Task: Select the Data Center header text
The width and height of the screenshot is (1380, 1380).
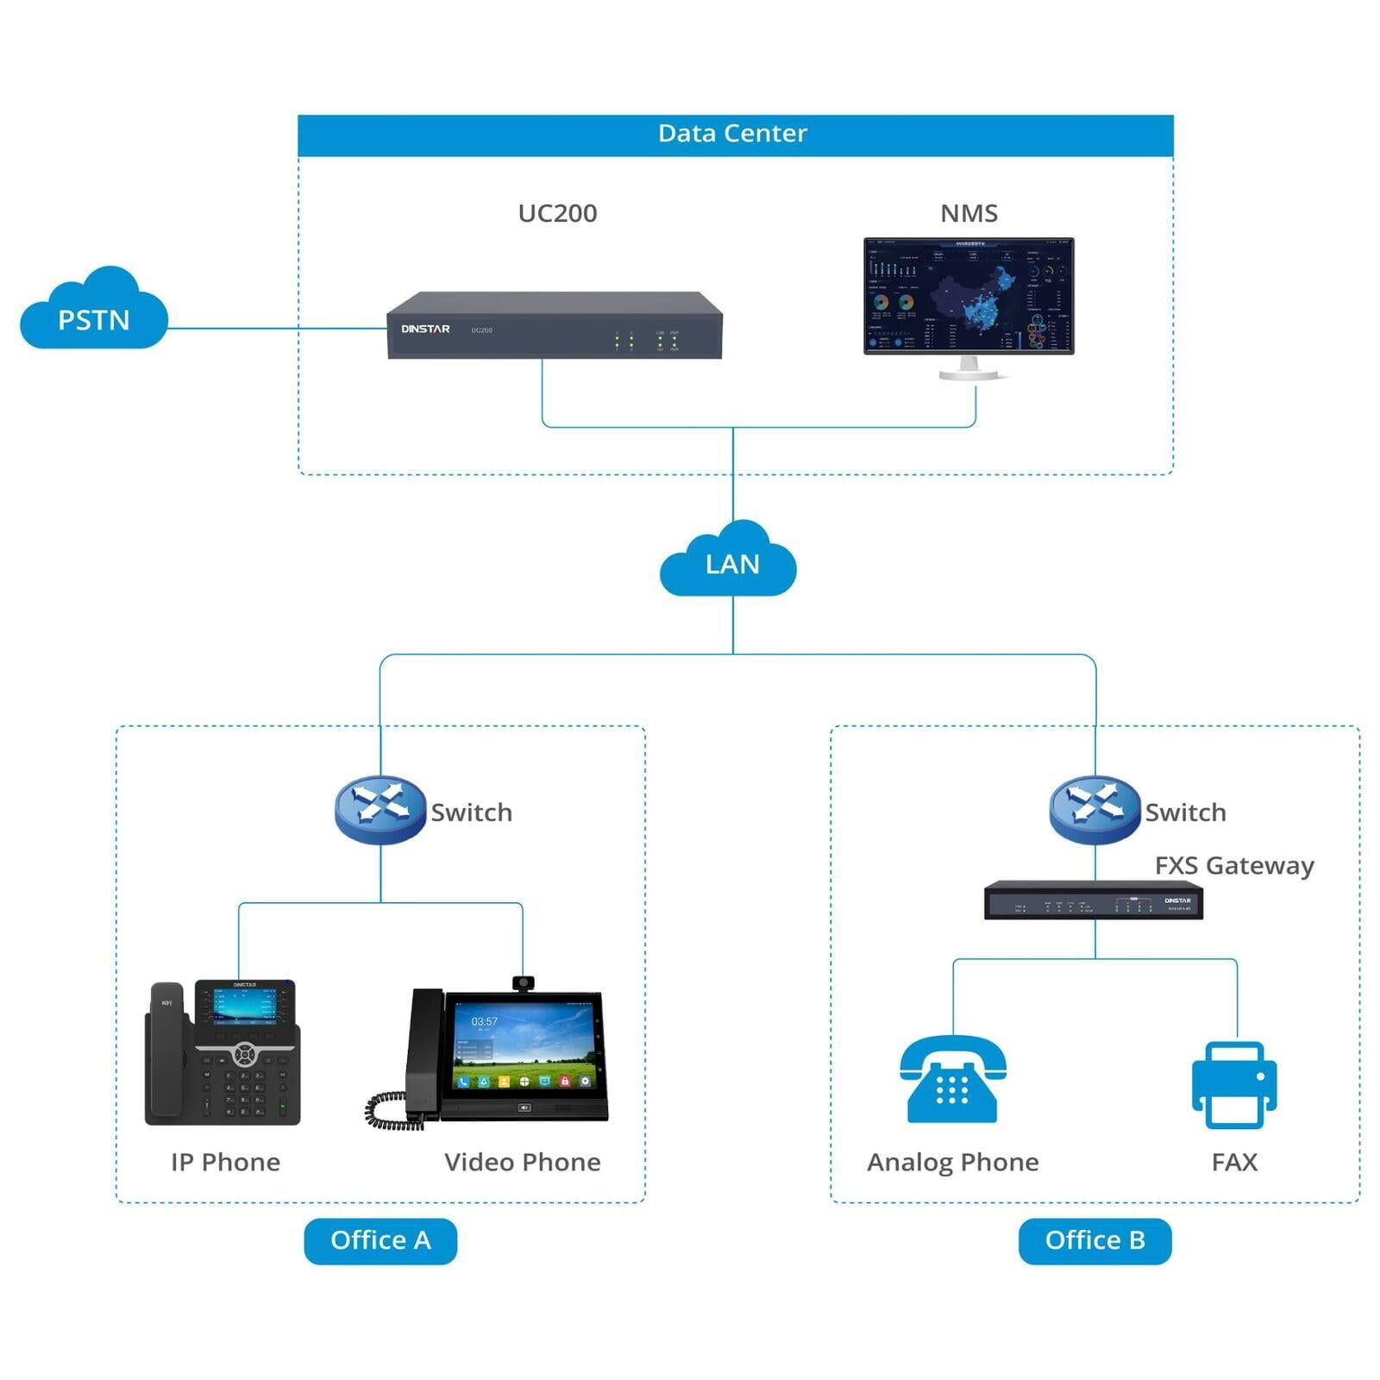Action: [732, 134]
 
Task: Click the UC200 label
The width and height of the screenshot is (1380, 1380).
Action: [557, 213]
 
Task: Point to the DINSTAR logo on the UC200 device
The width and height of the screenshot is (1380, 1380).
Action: [425, 329]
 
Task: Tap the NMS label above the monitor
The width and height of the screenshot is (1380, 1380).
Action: [969, 213]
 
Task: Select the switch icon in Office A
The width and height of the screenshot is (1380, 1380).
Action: [379, 808]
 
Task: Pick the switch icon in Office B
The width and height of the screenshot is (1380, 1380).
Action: [1095, 808]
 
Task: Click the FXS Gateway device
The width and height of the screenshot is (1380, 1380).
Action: [1093, 900]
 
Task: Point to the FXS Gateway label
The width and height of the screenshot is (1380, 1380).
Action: [1234, 865]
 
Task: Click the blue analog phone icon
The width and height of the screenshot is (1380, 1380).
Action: [952, 1080]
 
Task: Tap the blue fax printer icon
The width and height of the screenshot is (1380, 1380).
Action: [1233, 1084]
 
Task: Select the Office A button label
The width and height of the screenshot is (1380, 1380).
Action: [380, 1240]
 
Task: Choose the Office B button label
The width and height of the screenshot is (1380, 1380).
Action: [1095, 1240]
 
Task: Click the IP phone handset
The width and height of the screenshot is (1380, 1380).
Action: [166, 1052]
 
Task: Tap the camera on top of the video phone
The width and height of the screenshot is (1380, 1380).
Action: [523, 982]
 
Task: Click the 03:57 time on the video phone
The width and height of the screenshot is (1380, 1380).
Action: [484, 1021]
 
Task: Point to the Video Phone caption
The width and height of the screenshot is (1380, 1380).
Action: [522, 1162]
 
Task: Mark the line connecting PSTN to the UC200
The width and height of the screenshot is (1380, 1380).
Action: [276, 329]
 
